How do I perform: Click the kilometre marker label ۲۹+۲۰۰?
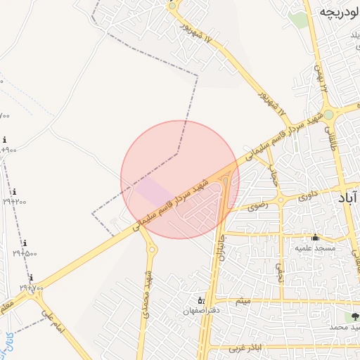point(15,202)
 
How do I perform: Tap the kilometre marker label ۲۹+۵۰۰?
point(25,253)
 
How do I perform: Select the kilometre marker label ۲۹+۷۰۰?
point(32,288)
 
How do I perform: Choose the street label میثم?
point(243,302)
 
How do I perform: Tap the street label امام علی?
point(53,320)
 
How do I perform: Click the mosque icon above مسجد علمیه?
point(315,237)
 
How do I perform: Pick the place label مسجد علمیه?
point(315,248)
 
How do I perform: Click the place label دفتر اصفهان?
point(202,311)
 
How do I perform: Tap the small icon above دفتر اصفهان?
point(200,300)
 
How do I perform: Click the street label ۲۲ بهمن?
point(322,78)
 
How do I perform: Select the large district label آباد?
point(349,199)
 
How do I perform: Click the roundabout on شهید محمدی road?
point(152,249)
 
